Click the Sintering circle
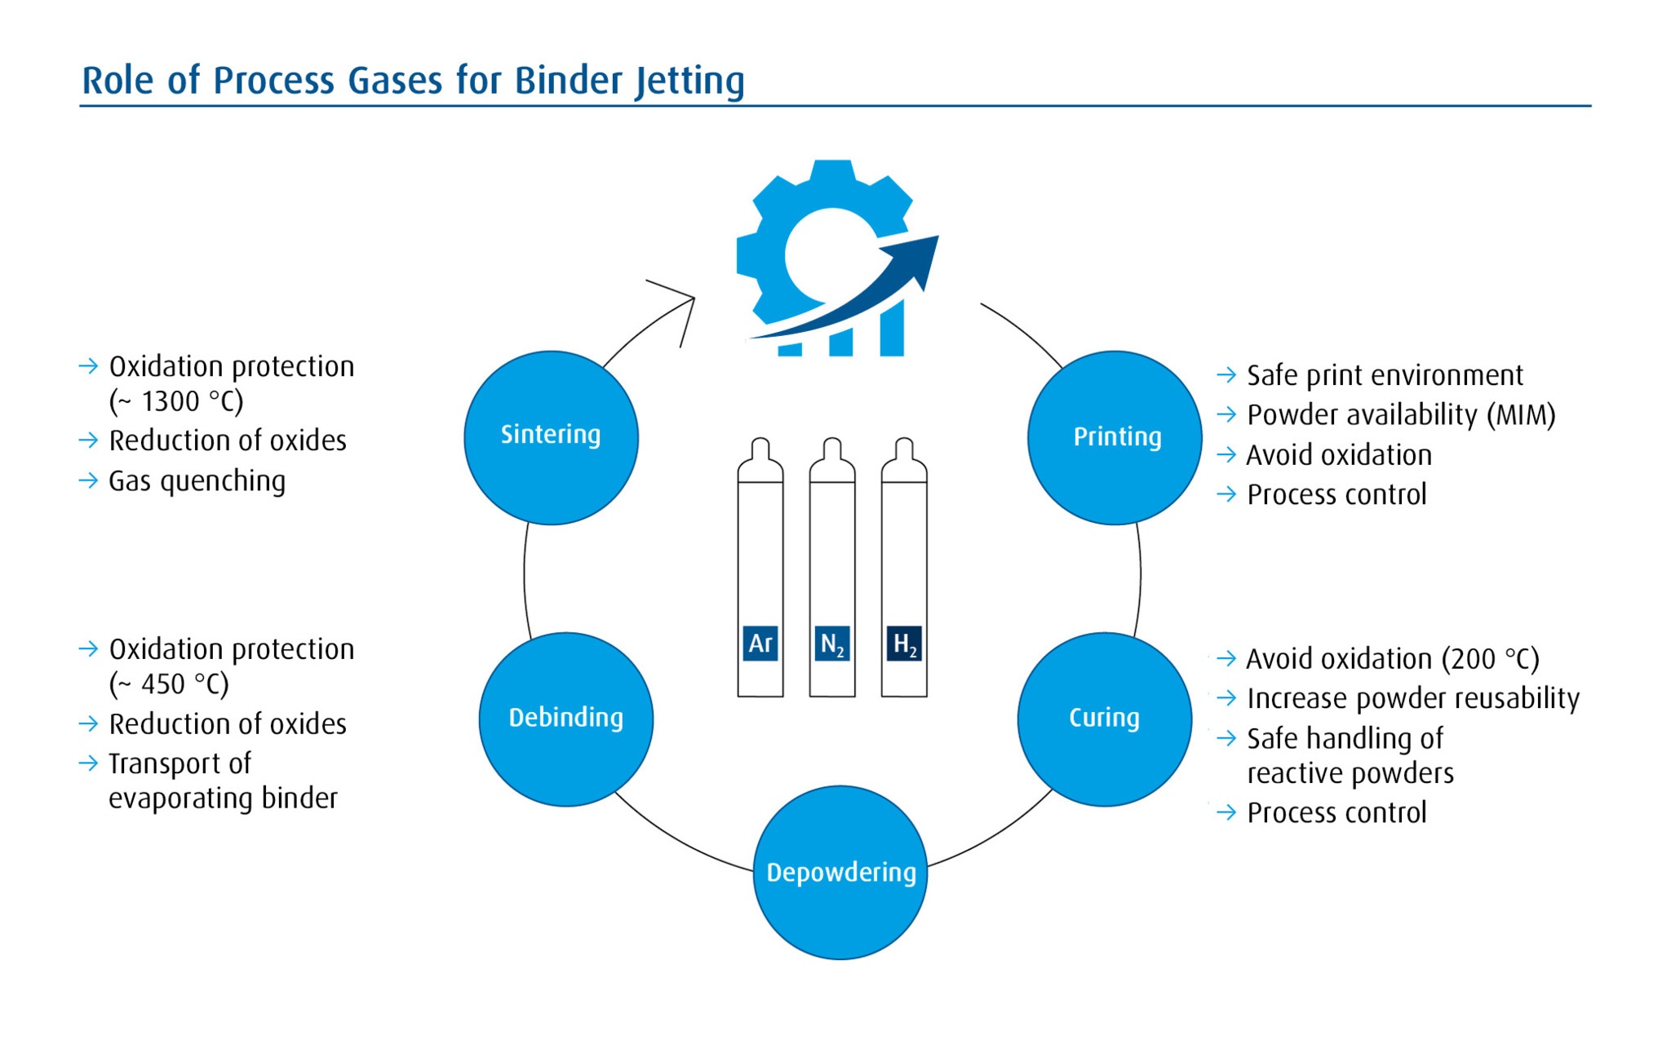(551, 438)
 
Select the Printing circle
(1115, 438)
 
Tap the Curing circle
(1104, 719)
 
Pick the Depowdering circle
(840, 873)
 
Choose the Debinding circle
(565, 719)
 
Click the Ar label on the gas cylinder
(760, 644)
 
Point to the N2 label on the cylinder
(831, 644)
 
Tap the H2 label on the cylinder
(904, 644)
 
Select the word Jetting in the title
(689, 81)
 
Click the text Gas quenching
(197, 481)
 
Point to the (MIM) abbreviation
(1521, 415)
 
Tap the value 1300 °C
(193, 401)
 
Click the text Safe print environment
(1385, 375)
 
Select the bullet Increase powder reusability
(1412, 698)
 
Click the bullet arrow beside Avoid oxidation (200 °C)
(1226, 658)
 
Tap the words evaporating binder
(223, 798)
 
